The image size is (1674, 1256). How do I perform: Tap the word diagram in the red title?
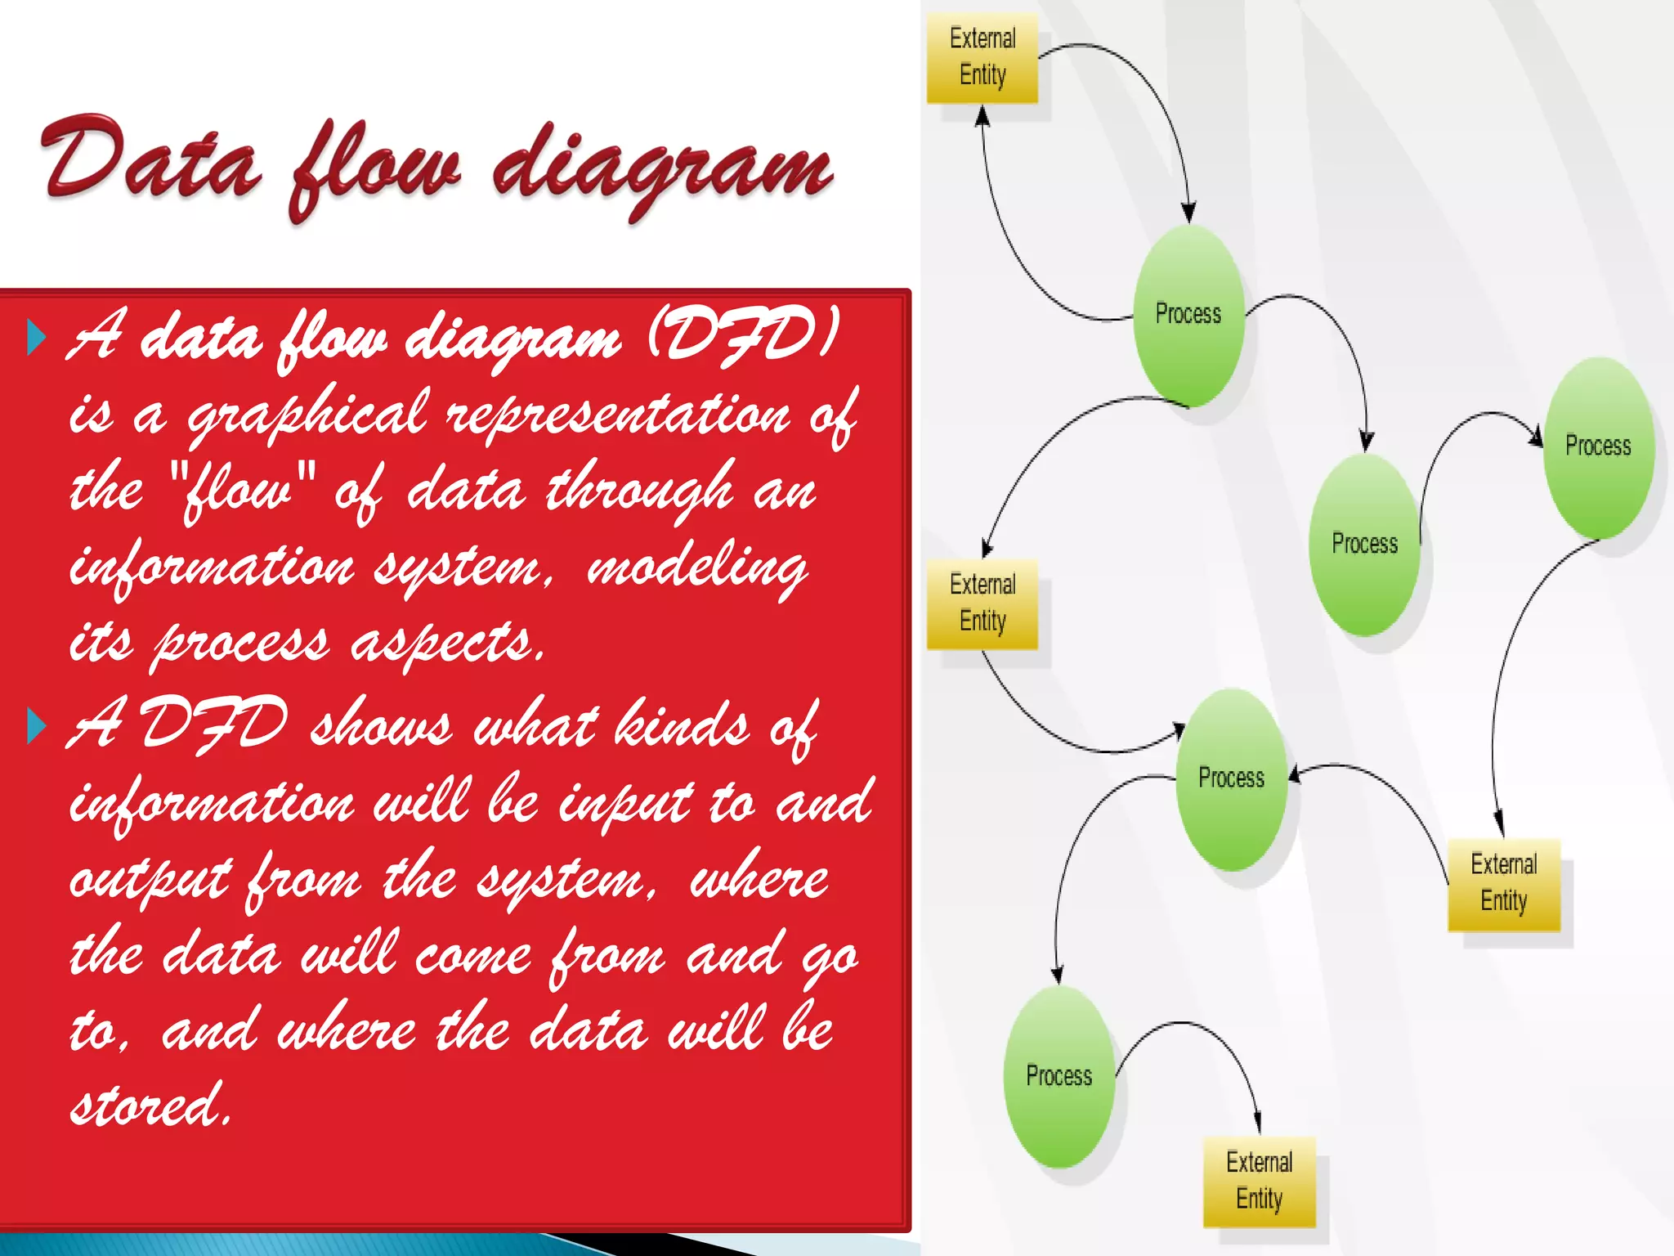pos(662,168)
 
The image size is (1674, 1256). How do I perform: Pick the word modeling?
pos(697,567)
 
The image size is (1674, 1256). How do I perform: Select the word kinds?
pos(682,724)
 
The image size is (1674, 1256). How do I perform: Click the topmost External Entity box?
pos(982,57)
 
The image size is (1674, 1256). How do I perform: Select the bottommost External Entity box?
pos(1259,1181)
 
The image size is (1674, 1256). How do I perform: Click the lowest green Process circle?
pos(1059,1076)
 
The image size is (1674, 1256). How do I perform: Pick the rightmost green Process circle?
pos(1599,446)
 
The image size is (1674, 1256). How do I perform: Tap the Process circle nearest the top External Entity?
pos(1188,315)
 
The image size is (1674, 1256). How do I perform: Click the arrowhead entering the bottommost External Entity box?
pos(1257,1124)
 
